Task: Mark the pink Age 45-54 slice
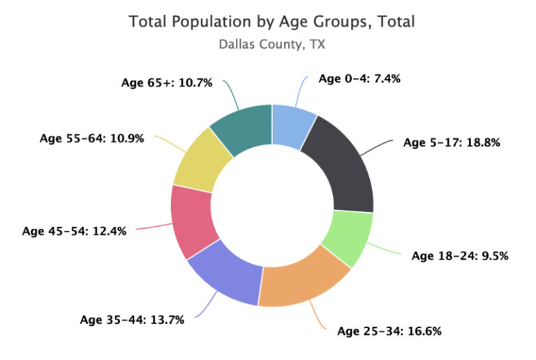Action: (193, 220)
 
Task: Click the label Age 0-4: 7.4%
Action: (359, 79)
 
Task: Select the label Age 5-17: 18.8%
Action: (452, 142)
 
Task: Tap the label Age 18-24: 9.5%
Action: (459, 255)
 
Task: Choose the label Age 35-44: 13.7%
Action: (132, 320)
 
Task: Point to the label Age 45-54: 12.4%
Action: (74, 230)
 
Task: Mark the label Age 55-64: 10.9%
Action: (91, 138)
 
